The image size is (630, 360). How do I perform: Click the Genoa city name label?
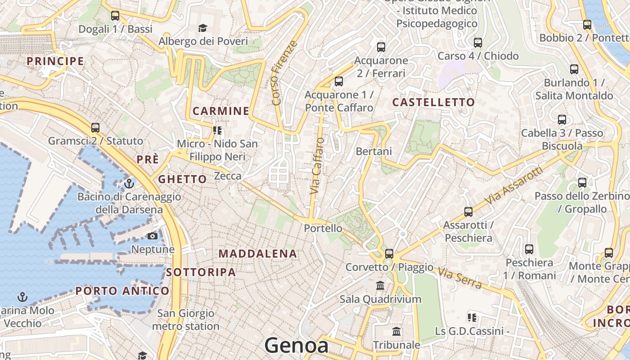point(296,346)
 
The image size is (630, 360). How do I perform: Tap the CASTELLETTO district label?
point(433,103)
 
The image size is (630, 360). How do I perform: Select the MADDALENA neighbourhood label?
point(258,254)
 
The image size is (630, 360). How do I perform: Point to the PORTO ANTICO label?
point(122,291)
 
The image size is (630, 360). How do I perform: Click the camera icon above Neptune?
point(153,236)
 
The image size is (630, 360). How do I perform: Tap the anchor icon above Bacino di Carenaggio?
point(129,184)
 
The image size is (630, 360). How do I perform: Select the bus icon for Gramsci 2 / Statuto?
point(95,128)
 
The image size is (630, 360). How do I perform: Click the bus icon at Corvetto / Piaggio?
point(389,254)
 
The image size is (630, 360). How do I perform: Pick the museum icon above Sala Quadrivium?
point(380,286)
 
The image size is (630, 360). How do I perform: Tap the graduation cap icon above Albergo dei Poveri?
point(202,28)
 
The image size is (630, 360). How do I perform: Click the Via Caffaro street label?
point(317,166)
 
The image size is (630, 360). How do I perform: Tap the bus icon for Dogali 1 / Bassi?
point(115,16)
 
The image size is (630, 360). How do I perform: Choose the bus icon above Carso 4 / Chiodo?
point(478,43)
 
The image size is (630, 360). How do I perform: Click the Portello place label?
point(323,228)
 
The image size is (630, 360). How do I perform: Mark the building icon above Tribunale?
point(396,332)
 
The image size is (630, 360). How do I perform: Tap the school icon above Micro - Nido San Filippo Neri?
point(218,130)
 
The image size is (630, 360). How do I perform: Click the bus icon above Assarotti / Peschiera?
point(468,211)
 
